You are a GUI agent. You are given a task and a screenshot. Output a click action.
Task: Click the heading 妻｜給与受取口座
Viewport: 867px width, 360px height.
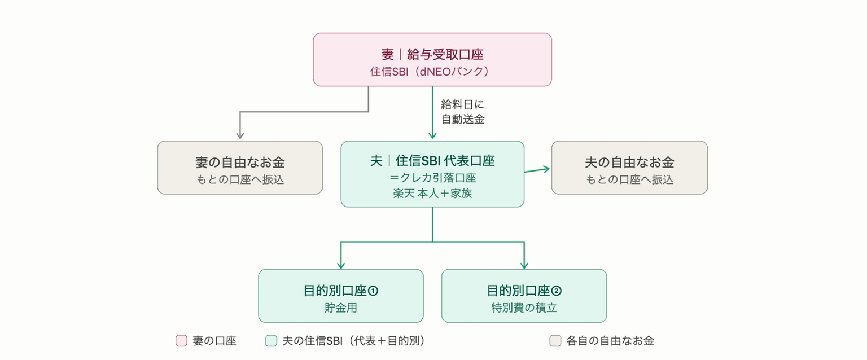(x=432, y=54)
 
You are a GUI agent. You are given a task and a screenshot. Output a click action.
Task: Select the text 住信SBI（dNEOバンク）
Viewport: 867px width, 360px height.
(x=432, y=72)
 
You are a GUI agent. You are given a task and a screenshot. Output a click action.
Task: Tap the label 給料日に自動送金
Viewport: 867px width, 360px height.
(x=462, y=112)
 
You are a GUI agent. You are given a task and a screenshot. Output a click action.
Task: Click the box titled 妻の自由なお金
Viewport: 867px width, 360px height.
(x=240, y=168)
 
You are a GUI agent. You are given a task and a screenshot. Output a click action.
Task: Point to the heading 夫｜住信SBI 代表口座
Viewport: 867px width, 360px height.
(x=432, y=161)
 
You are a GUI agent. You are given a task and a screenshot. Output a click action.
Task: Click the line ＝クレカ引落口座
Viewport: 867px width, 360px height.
(x=432, y=178)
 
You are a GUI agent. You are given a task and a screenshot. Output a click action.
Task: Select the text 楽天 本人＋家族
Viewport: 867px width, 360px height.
(x=432, y=193)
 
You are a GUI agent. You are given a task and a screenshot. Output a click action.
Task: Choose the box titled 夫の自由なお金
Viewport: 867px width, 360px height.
(x=629, y=168)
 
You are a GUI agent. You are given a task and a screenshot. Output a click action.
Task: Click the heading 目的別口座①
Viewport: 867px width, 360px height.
(x=340, y=291)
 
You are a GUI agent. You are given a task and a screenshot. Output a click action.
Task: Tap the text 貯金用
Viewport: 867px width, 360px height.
(x=340, y=308)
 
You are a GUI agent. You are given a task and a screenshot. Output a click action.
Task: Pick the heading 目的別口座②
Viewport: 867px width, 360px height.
(x=524, y=291)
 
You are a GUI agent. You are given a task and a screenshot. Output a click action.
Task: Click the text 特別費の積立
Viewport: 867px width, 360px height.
(x=524, y=308)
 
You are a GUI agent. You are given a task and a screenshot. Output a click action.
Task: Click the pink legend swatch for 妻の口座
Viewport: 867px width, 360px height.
(x=182, y=341)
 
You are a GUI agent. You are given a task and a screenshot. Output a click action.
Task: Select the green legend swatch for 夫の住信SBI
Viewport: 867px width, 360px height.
(x=272, y=341)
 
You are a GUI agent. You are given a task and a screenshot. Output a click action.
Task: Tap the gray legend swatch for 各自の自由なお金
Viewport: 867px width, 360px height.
(x=555, y=341)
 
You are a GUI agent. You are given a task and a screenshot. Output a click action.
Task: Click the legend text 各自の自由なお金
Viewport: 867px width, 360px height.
(x=610, y=341)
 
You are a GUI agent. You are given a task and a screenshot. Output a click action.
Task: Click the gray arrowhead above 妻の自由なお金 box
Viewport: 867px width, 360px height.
(x=240, y=135)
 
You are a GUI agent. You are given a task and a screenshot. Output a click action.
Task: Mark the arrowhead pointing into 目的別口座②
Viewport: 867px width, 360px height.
(x=524, y=265)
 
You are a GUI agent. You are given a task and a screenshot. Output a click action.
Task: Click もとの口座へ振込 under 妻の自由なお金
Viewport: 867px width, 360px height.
(x=240, y=179)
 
